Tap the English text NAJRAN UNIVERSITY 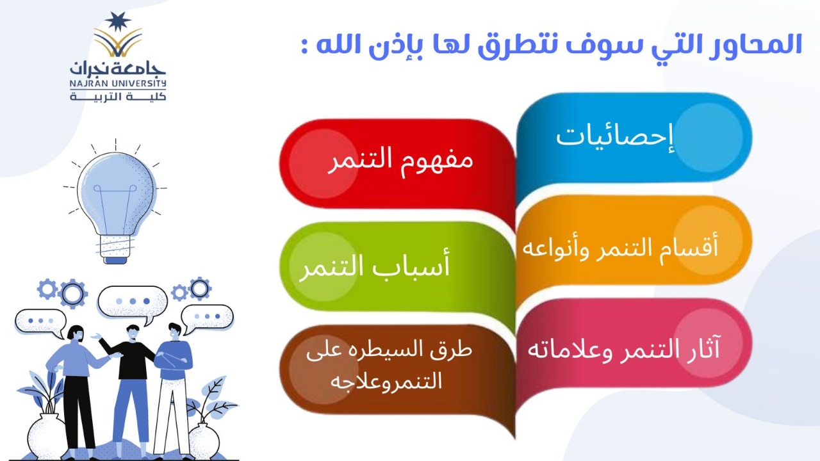(118, 84)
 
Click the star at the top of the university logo (118, 22)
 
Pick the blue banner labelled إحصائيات (634, 137)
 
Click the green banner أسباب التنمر (397, 267)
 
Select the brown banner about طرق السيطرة (397, 369)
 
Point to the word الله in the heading (343, 45)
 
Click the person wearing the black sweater (130, 388)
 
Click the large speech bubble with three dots (133, 302)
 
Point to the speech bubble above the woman (40, 321)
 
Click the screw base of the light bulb (115, 249)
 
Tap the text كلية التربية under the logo (118, 97)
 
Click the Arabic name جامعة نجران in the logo (118, 69)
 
